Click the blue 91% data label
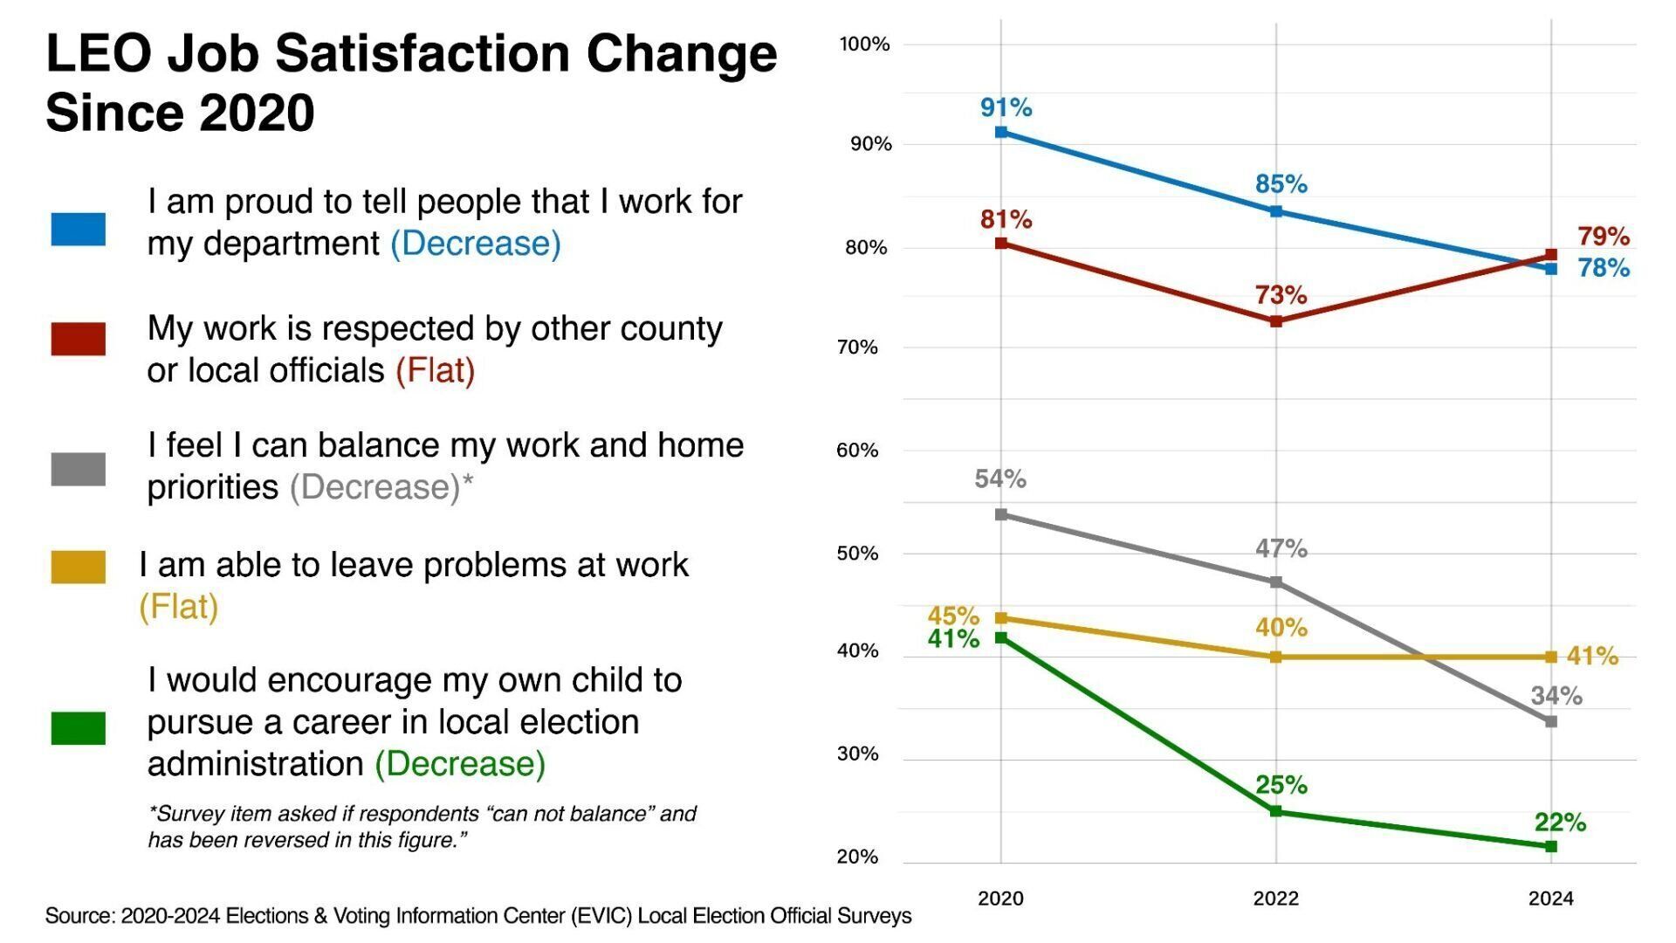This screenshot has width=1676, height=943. [x=1006, y=107]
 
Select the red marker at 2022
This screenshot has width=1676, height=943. [x=1275, y=321]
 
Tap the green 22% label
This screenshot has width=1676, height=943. [x=1560, y=822]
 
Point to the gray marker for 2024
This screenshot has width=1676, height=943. [x=1551, y=721]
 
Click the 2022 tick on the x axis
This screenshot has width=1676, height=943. [x=1275, y=898]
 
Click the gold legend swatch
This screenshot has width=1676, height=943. [x=78, y=567]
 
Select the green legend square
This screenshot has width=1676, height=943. [x=78, y=727]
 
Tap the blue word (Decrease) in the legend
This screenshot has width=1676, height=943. [x=475, y=244]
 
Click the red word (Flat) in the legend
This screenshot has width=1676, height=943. [x=435, y=370]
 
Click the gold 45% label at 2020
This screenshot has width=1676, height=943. [x=953, y=616]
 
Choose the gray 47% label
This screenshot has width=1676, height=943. [x=1281, y=548]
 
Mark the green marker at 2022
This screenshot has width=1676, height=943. [x=1275, y=811]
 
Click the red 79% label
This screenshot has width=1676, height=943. [x=1603, y=236]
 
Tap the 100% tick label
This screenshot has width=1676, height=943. [x=864, y=45]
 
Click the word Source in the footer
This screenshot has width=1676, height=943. [x=79, y=916]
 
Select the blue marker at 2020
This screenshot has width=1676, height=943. [x=1001, y=132]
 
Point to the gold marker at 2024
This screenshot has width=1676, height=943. [x=1551, y=657]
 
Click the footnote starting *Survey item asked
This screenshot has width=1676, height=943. [x=422, y=827]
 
